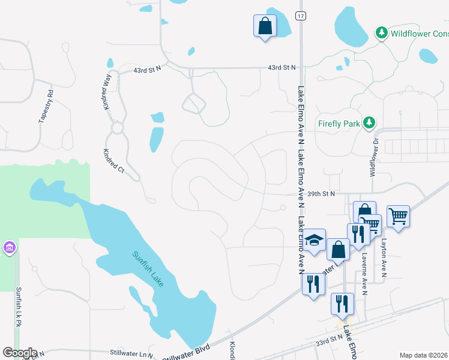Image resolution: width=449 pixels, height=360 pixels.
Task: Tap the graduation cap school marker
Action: click(x=314, y=241)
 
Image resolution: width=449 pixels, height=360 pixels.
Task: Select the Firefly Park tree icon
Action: click(x=370, y=124)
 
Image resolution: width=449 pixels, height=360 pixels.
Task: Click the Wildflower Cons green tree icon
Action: click(x=381, y=33)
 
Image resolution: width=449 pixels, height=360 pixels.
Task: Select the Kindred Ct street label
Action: click(x=113, y=161)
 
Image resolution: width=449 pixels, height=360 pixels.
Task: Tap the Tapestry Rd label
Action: click(x=46, y=107)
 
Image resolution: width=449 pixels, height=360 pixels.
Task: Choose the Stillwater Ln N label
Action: click(x=131, y=355)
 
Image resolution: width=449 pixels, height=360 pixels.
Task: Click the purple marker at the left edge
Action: click(x=8, y=247)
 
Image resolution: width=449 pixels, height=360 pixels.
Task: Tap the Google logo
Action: click(x=19, y=353)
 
